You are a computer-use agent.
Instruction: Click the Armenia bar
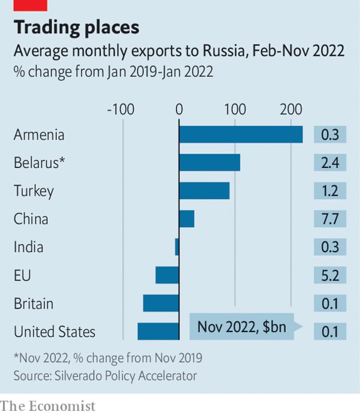click(241, 135)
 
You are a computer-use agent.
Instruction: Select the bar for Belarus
click(209, 163)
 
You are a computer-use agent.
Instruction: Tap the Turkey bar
click(204, 191)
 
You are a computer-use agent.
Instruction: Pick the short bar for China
click(187, 219)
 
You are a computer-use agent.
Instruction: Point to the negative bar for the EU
click(167, 275)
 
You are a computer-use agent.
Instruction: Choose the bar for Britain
click(161, 303)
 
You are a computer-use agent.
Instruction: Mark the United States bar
click(158, 332)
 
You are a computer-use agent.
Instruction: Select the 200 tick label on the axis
click(291, 109)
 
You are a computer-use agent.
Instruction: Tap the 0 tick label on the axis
click(179, 109)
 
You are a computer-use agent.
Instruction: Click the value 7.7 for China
click(330, 219)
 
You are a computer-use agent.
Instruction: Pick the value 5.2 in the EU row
click(330, 275)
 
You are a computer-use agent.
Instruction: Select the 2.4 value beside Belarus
click(330, 163)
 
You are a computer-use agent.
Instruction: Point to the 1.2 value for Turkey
click(330, 191)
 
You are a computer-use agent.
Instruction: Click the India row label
click(28, 247)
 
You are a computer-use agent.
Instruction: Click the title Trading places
click(76, 28)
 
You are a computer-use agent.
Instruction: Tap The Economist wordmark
click(48, 406)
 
